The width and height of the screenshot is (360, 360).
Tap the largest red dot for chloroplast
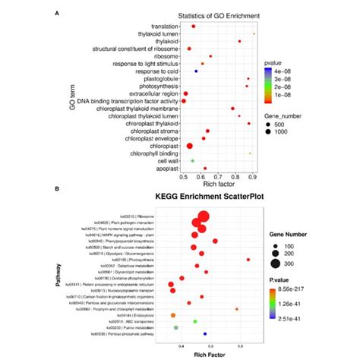click(x=190, y=145)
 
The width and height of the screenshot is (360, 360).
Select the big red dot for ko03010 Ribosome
click(x=204, y=216)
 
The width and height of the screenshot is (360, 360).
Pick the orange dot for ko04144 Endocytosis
click(x=174, y=314)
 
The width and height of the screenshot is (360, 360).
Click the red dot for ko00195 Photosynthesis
click(x=248, y=260)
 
